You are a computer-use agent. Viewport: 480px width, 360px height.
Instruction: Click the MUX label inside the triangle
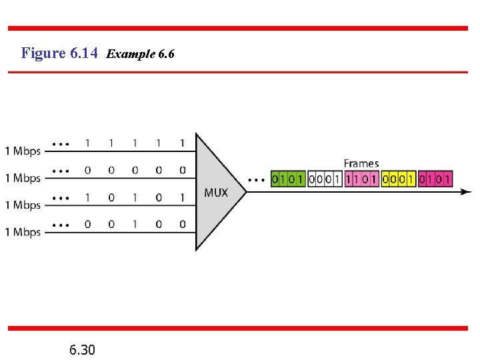coord(215,193)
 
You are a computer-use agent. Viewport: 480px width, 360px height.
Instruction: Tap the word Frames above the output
coord(361,163)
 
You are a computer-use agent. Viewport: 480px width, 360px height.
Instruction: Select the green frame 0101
coord(288,179)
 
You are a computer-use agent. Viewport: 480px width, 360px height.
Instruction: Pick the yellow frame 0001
coord(398,179)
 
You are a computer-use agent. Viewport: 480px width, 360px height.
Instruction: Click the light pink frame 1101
coord(361,179)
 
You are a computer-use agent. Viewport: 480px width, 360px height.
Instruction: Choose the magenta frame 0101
coord(435,179)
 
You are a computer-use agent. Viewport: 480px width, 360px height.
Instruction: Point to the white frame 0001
coord(325,179)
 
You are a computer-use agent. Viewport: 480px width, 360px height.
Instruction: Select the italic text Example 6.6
coord(140,53)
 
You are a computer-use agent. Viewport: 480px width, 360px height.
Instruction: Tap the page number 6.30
coord(82,349)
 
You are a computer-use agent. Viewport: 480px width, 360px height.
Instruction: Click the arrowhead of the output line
coord(467,192)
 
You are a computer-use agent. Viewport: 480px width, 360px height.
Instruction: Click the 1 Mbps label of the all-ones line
coord(23,151)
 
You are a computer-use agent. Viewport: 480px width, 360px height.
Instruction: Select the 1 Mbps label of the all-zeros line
coord(23,178)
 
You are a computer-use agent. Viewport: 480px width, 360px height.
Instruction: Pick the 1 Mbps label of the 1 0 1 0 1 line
coord(23,205)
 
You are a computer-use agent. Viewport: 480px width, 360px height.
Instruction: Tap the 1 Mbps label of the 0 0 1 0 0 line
coord(23,232)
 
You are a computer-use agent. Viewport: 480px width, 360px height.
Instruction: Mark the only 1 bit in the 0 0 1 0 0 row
coord(135,225)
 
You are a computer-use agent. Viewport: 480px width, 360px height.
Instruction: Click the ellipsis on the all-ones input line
coord(61,143)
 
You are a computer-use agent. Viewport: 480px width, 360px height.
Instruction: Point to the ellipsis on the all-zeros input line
coord(61,171)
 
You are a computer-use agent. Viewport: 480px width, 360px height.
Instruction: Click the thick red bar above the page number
coord(238,328)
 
